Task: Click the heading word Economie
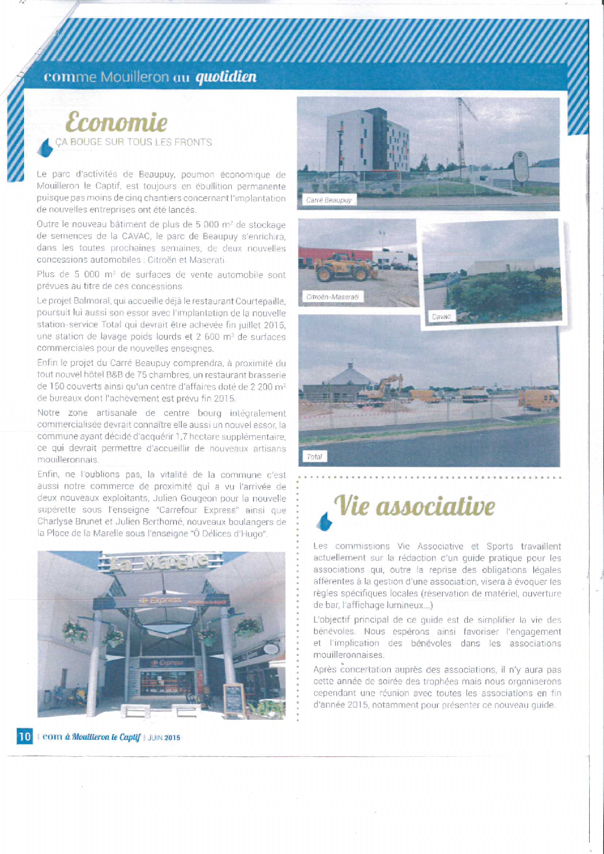click(x=116, y=122)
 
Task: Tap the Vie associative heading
click(x=414, y=506)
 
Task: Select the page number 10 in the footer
click(x=25, y=736)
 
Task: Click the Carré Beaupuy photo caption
click(x=328, y=200)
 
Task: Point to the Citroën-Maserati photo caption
click(x=332, y=297)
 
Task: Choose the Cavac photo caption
click(x=441, y=316)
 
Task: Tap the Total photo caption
click(x=314, y=456)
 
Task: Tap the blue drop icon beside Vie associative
click(x=324, y=520)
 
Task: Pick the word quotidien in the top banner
click(x=226, y=77)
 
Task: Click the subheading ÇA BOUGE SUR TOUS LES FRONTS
click(x=134, y=142)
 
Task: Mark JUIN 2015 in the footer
click(x=164, y=737)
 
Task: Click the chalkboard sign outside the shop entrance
click(x=233, y=699)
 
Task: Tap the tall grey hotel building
click(x=367, y=140)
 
